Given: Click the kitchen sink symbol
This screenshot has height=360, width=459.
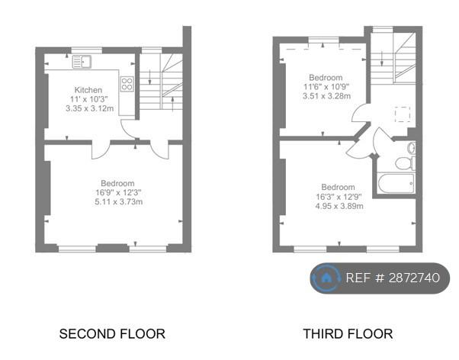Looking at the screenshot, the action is pos(82,62).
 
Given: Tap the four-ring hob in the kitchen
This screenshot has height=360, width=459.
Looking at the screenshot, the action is pos(127,84).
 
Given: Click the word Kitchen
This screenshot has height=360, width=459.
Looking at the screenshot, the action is pos(88,90).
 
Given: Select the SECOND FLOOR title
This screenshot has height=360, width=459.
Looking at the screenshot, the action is pos(112,334).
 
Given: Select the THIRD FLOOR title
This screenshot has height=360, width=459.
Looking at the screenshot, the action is pos(348,334).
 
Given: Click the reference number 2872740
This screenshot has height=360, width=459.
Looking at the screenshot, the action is pos(414,278).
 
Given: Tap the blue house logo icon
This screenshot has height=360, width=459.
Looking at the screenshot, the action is pos(326,278).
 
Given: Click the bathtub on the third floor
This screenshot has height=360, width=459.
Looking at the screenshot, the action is pos(396,183).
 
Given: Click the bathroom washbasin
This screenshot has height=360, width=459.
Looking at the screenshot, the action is pos(412,148).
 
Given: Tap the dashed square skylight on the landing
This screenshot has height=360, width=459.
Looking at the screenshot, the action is pos(403,114).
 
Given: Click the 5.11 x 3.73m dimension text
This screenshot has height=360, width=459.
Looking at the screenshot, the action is pos(119,202).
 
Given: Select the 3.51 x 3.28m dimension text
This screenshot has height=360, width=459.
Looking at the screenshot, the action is pos(326,96).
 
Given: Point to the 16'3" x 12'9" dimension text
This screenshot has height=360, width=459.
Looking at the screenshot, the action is pos(338,197).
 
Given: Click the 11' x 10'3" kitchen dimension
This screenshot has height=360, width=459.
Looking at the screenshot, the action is pos(88,99).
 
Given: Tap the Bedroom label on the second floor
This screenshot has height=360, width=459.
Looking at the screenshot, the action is pos(117,183).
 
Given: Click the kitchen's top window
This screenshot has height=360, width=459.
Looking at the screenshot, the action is pos(87,50).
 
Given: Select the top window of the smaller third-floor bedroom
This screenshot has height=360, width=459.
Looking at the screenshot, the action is pos(323,40).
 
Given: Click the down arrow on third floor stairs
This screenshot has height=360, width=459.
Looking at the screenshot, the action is pos(382,59).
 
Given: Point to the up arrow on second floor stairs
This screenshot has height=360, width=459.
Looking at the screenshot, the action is pos(172,104).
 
